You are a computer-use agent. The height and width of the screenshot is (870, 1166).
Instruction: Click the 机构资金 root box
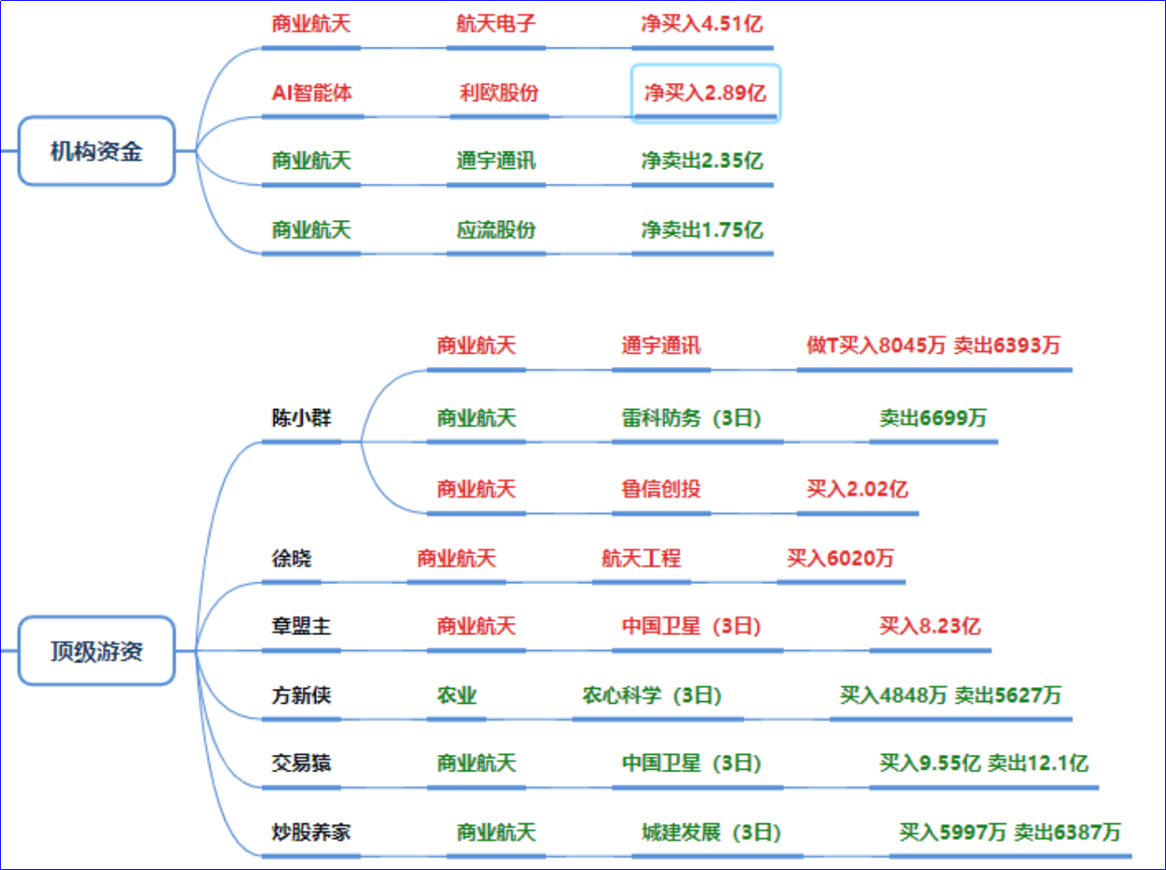tap(97, 151)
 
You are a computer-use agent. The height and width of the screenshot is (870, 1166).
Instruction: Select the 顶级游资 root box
tap(97, 651)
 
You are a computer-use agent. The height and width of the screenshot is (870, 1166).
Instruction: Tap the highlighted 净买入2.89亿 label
tap(705, 92)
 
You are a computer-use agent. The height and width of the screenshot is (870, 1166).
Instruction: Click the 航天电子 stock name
tap(495, 24)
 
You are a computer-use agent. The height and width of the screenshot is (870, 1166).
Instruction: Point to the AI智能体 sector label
tap(312, 92)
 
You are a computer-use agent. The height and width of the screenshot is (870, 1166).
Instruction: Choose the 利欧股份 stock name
tap(498, 92)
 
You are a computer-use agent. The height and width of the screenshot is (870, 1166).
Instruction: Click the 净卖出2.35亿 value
tap(701, 161)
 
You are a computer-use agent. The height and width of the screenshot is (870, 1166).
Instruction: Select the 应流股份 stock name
tap(495, 230)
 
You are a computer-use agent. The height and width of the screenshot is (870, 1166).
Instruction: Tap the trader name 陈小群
tap(301, 417)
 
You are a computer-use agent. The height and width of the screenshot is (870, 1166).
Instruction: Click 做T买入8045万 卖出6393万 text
tap(933, 345)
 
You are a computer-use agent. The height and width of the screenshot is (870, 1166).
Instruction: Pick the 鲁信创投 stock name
tap(661, 488)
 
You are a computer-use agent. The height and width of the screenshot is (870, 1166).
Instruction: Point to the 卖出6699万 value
tap(933, 417)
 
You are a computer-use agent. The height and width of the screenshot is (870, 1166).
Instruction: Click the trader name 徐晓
tap(291, 558)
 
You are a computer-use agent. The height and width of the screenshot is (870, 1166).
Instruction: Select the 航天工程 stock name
tap(641, 558)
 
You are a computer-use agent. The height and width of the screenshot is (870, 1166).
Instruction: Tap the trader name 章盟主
tap(301, 626)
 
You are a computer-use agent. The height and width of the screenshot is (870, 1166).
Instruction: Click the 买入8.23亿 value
tap(929, 626)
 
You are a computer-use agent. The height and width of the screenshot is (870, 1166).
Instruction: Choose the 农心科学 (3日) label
tap(652, 695)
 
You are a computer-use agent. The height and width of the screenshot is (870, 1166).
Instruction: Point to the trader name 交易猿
tap(301, 763)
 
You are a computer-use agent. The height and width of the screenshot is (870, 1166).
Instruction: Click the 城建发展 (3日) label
tap(711, 832)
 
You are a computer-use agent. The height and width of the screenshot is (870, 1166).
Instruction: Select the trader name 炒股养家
tap(311, 832)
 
